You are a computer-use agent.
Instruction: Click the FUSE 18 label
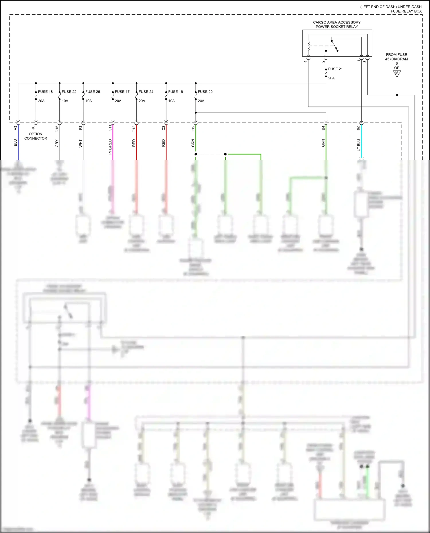(45, 92)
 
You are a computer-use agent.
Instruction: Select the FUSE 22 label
(69, 92)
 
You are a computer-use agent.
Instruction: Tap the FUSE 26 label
(93, 92)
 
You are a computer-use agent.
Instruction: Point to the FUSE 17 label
(122, 92)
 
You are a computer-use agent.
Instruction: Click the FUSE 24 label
(146, 92)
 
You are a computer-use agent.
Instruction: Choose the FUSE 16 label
(175, 92)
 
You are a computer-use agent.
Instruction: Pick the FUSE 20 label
(205, 92)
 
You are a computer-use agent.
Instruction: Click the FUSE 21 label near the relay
(335, 69)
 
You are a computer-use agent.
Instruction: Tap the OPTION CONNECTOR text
(36, 136)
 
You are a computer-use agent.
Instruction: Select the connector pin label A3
(15, 128)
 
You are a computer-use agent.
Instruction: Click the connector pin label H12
(193, 129)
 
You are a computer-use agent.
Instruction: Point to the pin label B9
(359, 128)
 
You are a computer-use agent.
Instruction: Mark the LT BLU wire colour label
(359, 145)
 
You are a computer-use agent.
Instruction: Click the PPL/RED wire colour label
(110, 147)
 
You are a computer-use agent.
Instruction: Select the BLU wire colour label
(15, 143)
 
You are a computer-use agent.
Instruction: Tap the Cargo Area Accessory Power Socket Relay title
(337, 24)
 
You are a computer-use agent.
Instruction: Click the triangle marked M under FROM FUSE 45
(397, 73)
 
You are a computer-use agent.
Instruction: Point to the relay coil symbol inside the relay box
(308, 45)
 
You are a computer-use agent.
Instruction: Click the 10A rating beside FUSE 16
(171, 101)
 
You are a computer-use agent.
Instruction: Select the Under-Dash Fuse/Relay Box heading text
(391, 9)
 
